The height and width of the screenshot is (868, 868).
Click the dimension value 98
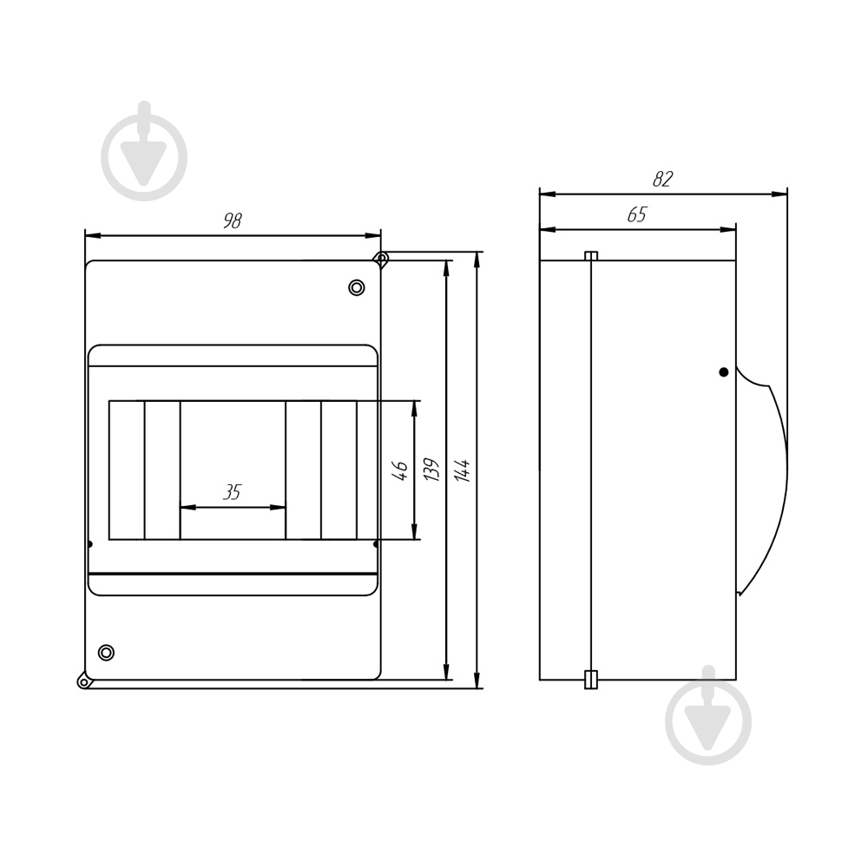(233, 220)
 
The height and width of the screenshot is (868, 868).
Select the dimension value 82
(662, 179)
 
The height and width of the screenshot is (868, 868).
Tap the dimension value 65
(636, 214)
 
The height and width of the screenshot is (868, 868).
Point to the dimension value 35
(232, 491)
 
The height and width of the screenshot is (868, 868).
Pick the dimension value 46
(399, 470)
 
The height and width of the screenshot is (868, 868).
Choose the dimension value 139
(431, 470)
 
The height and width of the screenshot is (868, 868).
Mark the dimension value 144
(462, 470)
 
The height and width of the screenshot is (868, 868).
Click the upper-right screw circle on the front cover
(357, 288)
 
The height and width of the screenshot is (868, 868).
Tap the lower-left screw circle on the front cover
(106, 653)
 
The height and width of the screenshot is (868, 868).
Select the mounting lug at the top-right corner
(381, 259)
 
